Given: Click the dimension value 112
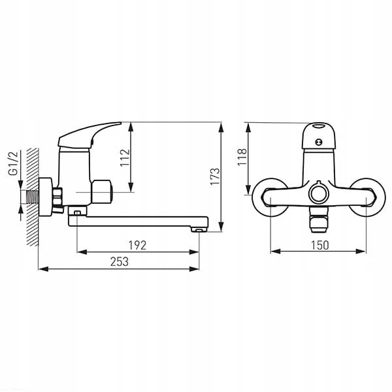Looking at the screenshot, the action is click(x=125, y=157).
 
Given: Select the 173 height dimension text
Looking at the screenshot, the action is click(x=215, y=176).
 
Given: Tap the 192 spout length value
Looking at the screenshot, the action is click(x=137, y=245).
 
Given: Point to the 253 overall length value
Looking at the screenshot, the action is click(x=120, y=261).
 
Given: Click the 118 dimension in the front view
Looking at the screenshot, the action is click(x=242, y=157).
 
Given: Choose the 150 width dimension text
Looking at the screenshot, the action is click(x=319, y=245).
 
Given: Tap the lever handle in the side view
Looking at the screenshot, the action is click(x=90, y=135).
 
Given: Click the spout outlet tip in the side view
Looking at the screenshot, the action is click(x=199, y=229).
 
